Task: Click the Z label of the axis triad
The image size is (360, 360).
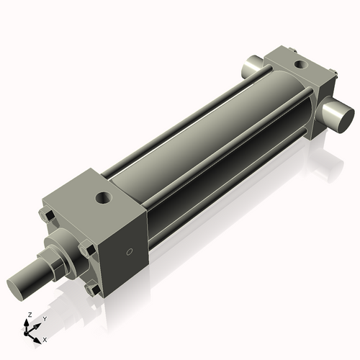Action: (28, 315)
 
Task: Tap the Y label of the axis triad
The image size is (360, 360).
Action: (44, 318)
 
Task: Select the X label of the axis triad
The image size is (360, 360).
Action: (45, 338)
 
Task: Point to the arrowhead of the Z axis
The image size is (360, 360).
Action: (28, 322)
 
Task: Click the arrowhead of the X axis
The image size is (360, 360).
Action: (39, 336)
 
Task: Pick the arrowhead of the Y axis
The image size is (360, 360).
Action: (38, 323)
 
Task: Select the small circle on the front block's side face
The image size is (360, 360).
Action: (130, 252)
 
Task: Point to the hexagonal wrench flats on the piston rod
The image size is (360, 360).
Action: (52, 267)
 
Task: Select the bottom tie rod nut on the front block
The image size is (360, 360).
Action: (91, 289)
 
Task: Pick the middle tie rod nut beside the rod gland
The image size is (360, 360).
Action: (87, 250)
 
